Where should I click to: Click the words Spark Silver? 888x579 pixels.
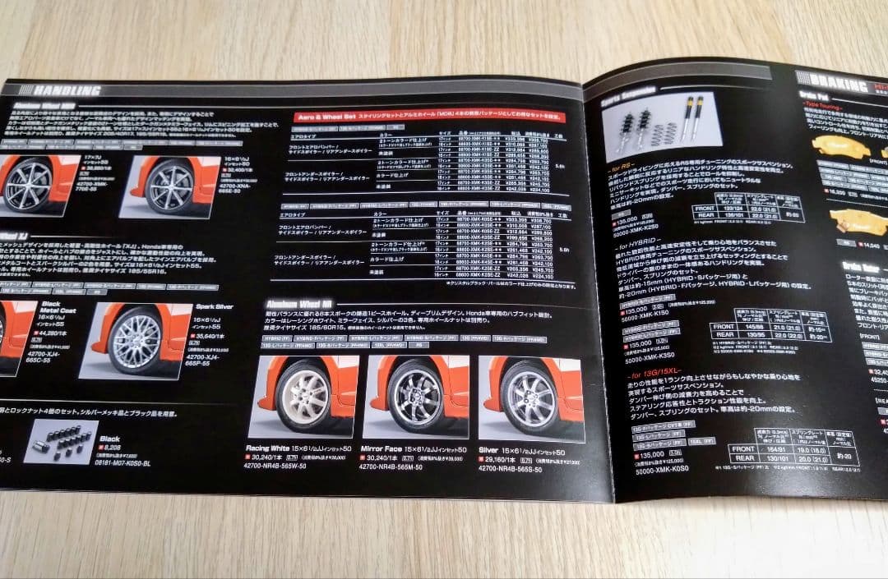[213, 306]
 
